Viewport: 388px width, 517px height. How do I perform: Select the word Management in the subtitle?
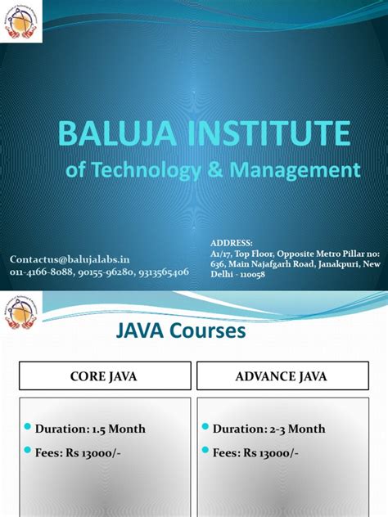[x=296, y=170]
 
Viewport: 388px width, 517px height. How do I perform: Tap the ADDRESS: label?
[x=232, y=243]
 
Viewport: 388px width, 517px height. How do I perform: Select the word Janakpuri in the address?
[x=327, y=264]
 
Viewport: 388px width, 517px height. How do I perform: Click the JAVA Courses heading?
[x=178, y=331]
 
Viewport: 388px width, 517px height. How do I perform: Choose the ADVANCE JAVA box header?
[x=280, y=376]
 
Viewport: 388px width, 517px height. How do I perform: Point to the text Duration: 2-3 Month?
[x=268, y=429]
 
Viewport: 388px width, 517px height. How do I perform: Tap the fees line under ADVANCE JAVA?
[x=258, y=452]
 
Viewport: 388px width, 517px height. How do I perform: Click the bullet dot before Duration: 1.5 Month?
[x=29, y=427]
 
